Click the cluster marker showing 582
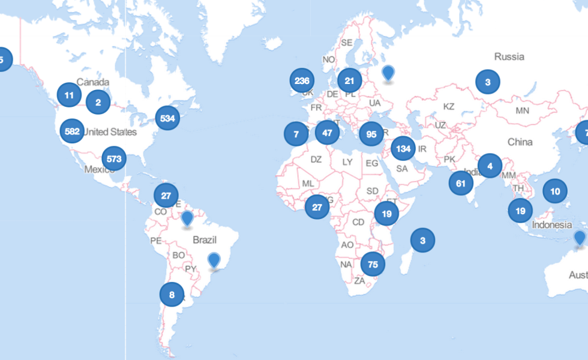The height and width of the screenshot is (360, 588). [x=73, y=131]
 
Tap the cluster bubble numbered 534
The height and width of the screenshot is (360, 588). [x=167, y=118]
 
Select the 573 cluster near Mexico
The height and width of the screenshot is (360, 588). [x=113, y=159]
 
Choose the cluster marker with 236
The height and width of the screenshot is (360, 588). [x=302, y=80]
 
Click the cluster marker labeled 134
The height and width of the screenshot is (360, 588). [x=403, y=148]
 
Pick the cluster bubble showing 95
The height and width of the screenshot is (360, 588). [x=371, y=134]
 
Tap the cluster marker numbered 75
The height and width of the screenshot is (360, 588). [x=373, y=264]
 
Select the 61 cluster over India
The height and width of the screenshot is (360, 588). [x=461, y=184]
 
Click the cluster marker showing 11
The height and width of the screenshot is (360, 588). [x=69, y=95]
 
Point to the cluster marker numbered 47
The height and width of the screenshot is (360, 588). [x=327, y=133]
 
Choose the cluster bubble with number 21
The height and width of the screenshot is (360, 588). [x=350, y=80]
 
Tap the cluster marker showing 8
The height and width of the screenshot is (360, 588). [x=172, y=294]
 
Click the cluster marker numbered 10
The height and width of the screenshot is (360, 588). [x=555, y=191]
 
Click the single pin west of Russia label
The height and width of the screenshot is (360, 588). [x=389, y=73]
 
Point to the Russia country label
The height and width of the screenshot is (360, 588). [x=509, y=56]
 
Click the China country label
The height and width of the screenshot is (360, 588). [x=520, y=142]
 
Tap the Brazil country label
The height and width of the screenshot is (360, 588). [x=204, y=240]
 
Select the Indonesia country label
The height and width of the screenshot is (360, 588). [x=551, y=225]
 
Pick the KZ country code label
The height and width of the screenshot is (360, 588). [x=449, y=106]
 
